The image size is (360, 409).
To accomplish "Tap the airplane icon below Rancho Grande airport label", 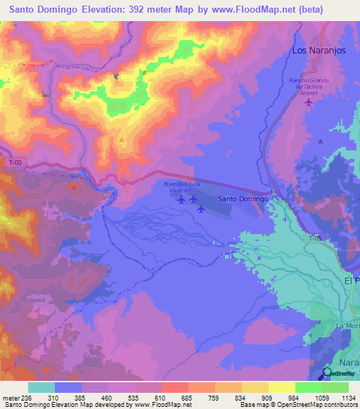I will point(309,103).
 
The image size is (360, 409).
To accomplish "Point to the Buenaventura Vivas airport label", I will point(182,186).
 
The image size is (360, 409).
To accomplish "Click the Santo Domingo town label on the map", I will point(243,199).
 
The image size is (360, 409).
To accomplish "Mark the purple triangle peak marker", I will point(321,141).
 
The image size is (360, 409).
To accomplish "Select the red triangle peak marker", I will point(74,186).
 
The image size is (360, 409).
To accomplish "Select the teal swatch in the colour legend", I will point(41,387).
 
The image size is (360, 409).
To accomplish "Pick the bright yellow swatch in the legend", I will point(281,387).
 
